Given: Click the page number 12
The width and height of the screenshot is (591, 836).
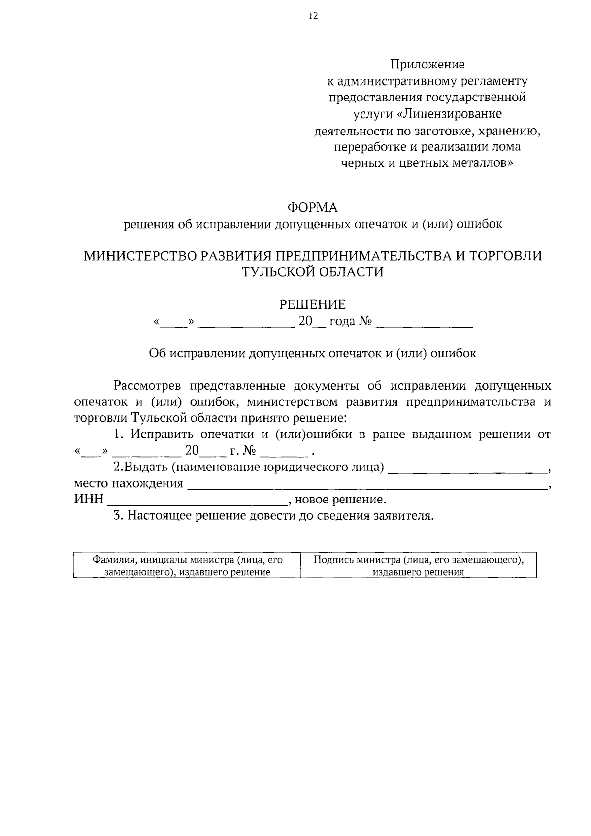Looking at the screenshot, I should click(313, 16).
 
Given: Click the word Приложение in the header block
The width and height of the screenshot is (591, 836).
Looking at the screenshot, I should click(427, 65).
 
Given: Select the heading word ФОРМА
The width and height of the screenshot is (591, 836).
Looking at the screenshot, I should click(313, 208).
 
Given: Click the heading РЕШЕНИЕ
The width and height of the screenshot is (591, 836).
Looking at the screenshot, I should click(313, 305).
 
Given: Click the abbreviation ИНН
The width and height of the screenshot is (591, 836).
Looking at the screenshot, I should click(89, 500).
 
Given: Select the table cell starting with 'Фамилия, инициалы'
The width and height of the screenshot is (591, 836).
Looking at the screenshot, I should click(188, 566).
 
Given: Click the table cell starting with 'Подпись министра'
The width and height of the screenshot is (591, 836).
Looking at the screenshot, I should click(418, 566).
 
